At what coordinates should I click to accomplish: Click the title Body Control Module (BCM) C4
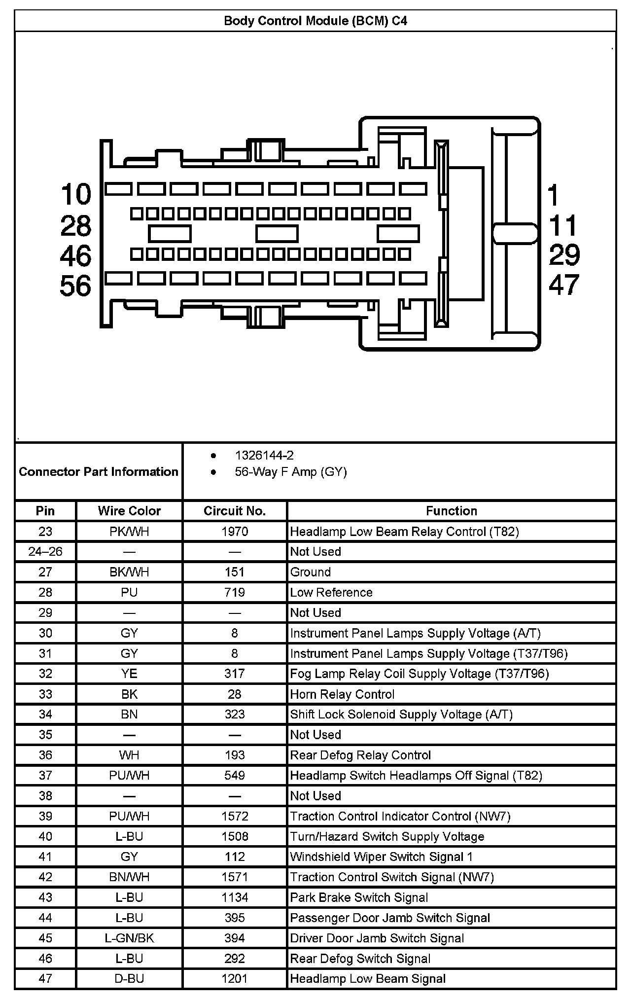pyautogui.click(x=315, y=21)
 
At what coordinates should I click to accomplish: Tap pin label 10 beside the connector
pyautogui.click(x=76, y=194)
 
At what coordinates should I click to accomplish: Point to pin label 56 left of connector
pyautogui.click(x=76, y=286)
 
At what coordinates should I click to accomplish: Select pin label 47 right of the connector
pyautogui.click(x=564, y=285)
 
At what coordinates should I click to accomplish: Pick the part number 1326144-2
pyautogui.click(x=264, y=455)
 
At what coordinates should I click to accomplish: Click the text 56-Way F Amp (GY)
pyautogui.click(x=291, y=472)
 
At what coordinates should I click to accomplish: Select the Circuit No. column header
pyautogui.click(x=235, y=511)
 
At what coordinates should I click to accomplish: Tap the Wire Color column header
pyautogui.click(x=129, y=511)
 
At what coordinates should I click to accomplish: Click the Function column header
pyautogui.click(x=452, y=511)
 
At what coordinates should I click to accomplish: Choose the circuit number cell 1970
pyautogui.click(x=235, y=532)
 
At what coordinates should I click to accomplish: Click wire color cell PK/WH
pyautogui.click(x=129, y=532)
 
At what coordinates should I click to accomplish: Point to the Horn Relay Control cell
pyautogui.click(x=342, y=694)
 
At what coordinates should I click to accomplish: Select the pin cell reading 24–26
pyautogui.click(x=45, y=552)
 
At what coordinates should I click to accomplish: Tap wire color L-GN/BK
pyautogui.click(x=129, y=938)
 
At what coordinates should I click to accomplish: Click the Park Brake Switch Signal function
pyautogui.click(x=359, y=897)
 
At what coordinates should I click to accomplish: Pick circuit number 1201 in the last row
pyautogui.click(x=235, y=979)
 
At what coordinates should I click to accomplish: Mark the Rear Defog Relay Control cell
pyautogui.click(x=360, y=755)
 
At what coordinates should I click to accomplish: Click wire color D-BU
pyautogui.click(x=129, y=979)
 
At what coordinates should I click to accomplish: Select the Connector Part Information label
pyautogui.click(x=99, y=472)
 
